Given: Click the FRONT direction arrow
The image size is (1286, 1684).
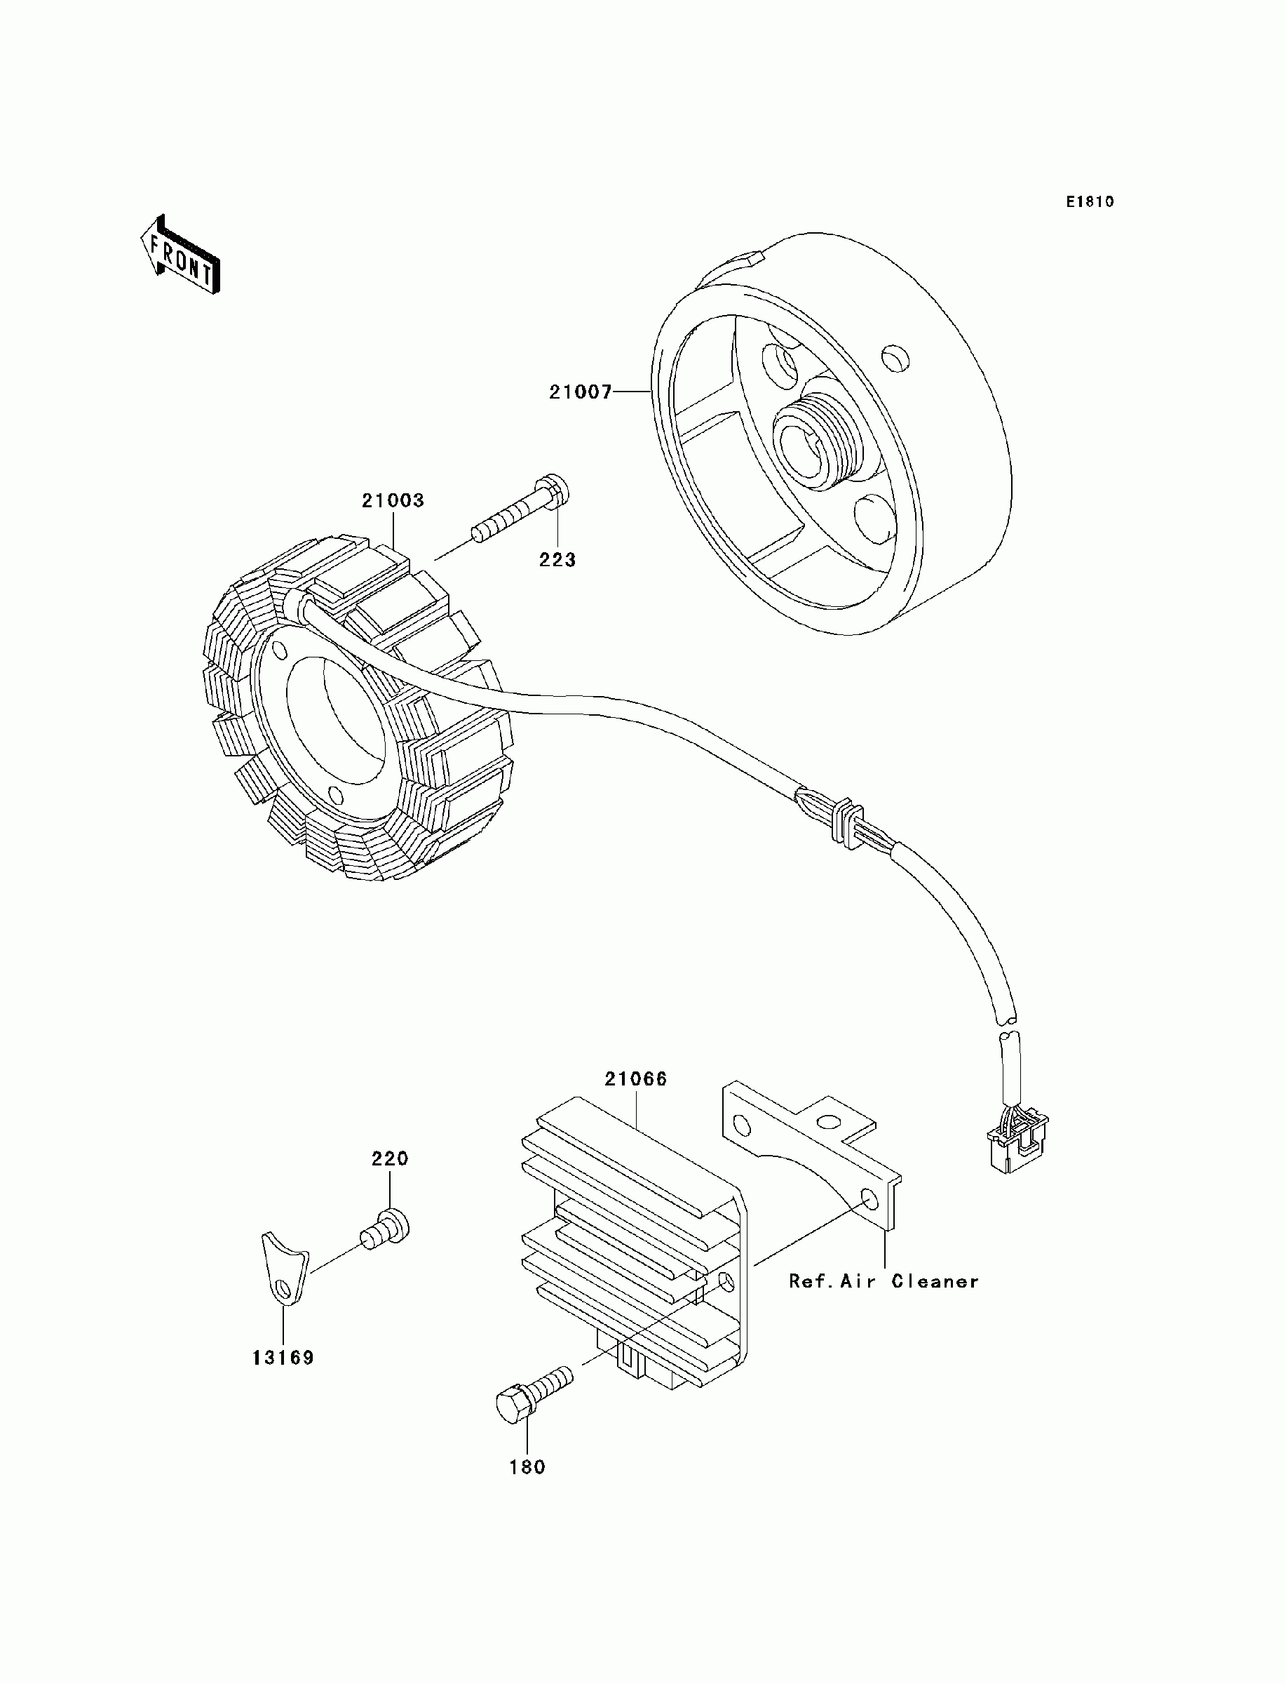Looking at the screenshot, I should tap(181, 255).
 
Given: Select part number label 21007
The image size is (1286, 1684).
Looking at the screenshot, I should tap(580, 392).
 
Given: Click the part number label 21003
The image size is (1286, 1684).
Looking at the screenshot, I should tap(393, 501).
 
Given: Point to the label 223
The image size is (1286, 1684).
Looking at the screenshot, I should tap(557, 560).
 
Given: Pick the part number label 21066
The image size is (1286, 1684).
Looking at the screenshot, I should tap(635, 1079).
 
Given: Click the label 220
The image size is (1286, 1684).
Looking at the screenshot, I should tap(391, 1158).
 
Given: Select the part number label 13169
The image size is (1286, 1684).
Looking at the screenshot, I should tap(283, 1358).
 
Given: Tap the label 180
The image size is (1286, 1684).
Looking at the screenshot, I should tap(527, 1467).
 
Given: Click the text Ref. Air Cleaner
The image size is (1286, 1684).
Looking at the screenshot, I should tap(884, 1281).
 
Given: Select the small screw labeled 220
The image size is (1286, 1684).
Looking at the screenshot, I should tap(386, 1229).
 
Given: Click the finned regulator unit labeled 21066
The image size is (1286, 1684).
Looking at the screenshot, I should tap(635, 1241).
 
